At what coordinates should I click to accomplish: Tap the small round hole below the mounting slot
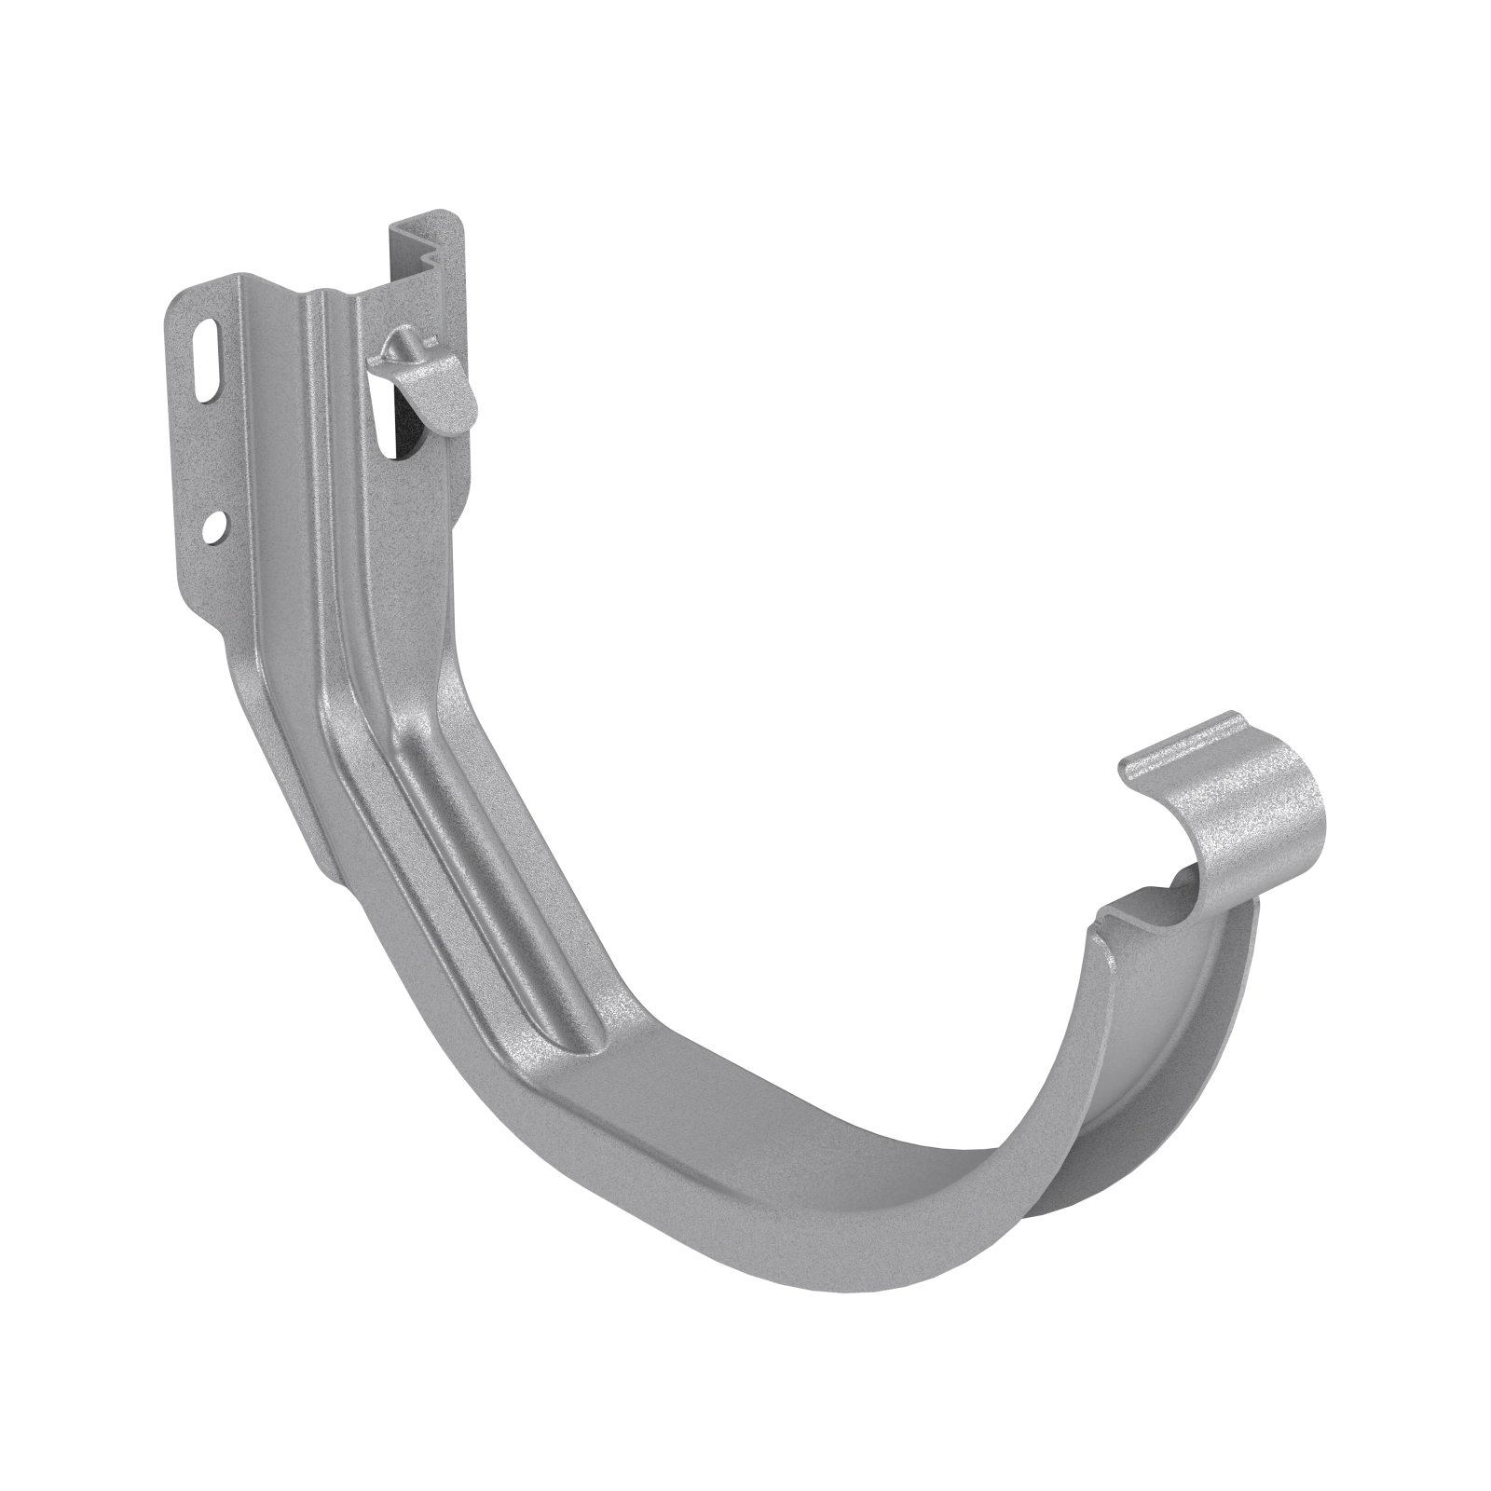[216, 528]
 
